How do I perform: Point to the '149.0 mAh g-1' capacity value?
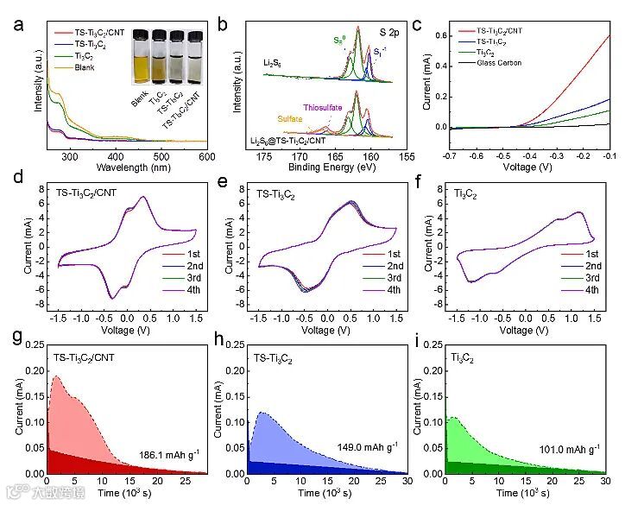tap(369, 448)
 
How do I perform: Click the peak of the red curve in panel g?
tap(57, 376)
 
